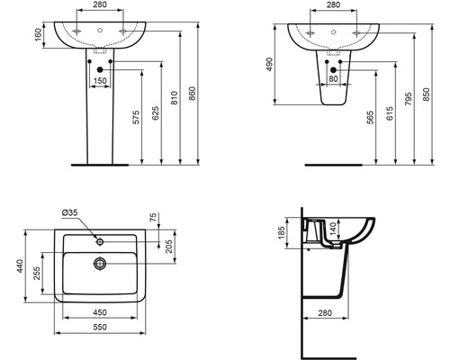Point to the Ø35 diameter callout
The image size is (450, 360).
click(x=69, y=212)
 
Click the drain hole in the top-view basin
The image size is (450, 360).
click(x=100, y=263)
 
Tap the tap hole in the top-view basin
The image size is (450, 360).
click(x=100, y=240)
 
